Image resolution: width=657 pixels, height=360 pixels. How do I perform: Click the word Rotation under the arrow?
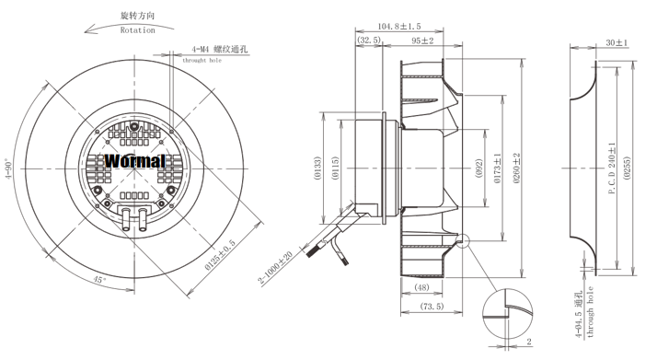(137, 30)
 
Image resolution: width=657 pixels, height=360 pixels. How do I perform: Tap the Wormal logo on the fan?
(135, 161)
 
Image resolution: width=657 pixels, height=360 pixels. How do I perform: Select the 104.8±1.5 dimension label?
(399, 27)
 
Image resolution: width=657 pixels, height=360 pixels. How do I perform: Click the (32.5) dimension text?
(369, 40)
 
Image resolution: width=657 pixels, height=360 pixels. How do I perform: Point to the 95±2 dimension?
(422, 41)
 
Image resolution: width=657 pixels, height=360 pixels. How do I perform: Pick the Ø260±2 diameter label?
(516, 168)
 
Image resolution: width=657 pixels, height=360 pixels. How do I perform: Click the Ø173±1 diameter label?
(498, 168)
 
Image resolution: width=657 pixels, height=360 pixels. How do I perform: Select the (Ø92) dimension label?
(478, 168)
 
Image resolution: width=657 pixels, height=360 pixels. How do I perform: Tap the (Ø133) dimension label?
(317, 168)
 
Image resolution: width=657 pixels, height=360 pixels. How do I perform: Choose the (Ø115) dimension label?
(335, 168)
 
